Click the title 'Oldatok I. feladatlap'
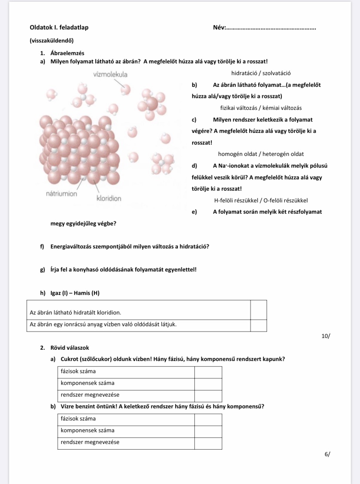point(59,27)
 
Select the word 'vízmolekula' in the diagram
point(110,74)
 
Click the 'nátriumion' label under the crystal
point(62,194)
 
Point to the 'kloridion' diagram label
point(109,199)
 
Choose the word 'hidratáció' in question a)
point(244,73)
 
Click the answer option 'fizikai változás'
point(240,108)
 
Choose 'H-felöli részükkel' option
point(236,200)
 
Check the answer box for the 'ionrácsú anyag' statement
point(258,325)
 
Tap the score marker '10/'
point(326,336)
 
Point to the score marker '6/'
point(327,454)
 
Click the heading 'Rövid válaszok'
point(70,348)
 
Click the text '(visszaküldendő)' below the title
point(51,41)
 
